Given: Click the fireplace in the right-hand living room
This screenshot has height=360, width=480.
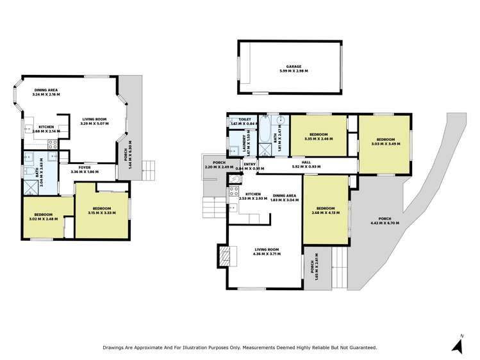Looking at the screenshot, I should [223, 256].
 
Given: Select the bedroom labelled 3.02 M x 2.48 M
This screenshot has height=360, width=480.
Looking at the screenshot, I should [43, 217].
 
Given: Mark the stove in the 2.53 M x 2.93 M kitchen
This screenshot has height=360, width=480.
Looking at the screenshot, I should [234, 193].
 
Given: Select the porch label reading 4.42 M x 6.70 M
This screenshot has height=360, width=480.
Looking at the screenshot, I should [385, 221].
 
